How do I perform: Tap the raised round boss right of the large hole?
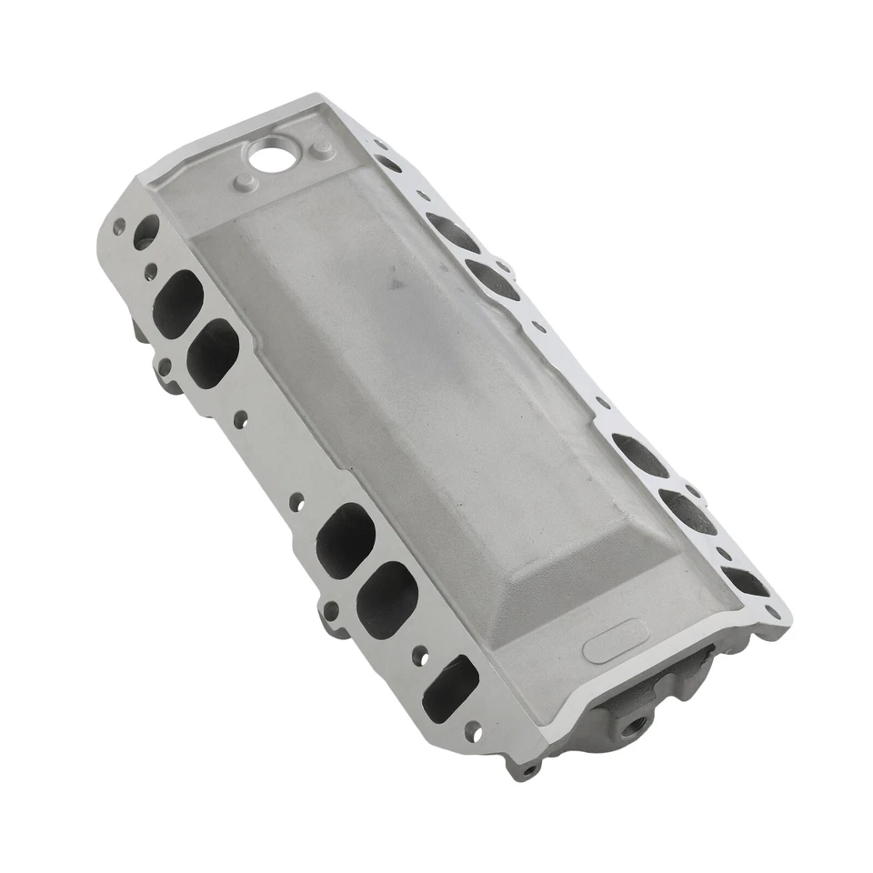(x=319, y=149)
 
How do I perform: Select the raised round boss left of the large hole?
(x=243, y=182)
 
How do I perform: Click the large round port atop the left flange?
(x=145, y=231)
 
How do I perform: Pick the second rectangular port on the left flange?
(x=212, y=353)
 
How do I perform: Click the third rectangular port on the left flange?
(x=346, y=539)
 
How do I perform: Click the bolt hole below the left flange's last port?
(x=472, y=730)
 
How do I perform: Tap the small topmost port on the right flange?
(x=388, y=165)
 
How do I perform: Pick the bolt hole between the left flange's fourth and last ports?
(x=419, y=653)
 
